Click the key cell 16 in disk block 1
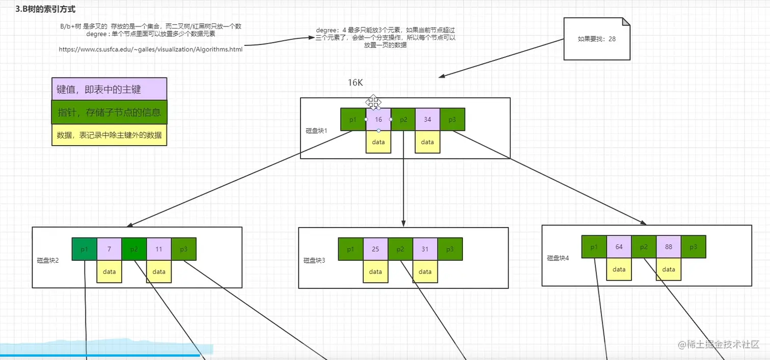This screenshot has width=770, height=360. pyautogui.click(x=378, y=120)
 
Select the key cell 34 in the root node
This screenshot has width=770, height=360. pyautogui.click(x=427, y=120)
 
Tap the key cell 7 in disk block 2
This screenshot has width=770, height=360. pyautogui.click(x=109, y=250)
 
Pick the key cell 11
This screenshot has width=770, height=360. pyautogui.click(x=159, y=250)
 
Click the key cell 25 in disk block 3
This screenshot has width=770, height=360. pyautogui.click(x=375, y=250)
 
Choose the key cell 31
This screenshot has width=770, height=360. pyautogui.click(x=425, y=250)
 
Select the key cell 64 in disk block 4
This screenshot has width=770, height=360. pyautogui.click(x=619, y=247)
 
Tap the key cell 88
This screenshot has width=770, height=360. pyautogui.click(x=669, y=247)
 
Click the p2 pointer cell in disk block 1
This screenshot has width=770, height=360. pyautogui.click(x=403, y=120)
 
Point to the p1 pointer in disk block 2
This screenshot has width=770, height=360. pyautogui.click(x=85, y=250)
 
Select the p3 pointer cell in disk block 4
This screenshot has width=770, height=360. pyautogui.click(x=693, y=247)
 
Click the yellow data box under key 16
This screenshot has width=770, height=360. pyautogui.click(x=378, y=142)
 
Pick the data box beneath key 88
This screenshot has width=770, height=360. pyautogui.click(x=669, y=269)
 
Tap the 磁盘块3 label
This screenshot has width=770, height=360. pyautogui.click(x=314, y=260)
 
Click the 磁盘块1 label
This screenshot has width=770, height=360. pyautogui.click(x=316, y=131)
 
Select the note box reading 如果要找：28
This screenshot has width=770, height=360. pyautogui.click(x=596, y=39)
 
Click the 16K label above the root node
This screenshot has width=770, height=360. pyautogui.click(x=355, y=82)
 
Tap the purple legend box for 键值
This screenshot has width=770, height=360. pyautogui.click(x=109, y=90)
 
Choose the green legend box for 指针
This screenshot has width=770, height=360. pyautogui.click(x=109, y=112)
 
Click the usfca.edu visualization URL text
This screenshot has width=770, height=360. pyautogui.click(x=151, y=49)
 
